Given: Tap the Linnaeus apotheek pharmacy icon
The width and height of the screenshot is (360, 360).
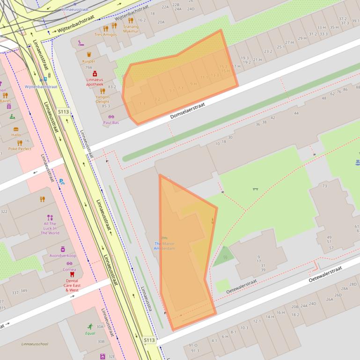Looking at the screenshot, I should point(95,73).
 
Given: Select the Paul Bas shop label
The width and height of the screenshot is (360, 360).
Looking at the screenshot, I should point(111,122).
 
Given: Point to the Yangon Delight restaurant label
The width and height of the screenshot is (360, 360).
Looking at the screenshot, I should point(103,99).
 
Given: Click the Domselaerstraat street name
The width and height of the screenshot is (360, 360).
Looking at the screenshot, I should point(188,111).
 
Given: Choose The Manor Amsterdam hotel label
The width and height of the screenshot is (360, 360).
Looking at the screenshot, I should point(164,246).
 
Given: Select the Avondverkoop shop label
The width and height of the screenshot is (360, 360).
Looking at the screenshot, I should point(63,256).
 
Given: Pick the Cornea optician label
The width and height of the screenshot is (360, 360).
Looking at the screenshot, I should point(69,269).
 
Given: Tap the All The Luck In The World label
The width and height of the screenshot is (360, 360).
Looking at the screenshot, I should point(50,229).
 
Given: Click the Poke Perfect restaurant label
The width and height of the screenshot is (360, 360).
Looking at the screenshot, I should point(20,149).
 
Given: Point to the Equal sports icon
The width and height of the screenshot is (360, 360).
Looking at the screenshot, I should point(90,326).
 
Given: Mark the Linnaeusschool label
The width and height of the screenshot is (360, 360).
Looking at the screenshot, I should point(35,344).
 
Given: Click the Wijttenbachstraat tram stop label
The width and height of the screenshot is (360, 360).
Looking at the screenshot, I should point(41,86).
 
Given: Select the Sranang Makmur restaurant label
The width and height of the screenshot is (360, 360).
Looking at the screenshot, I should point(131,29).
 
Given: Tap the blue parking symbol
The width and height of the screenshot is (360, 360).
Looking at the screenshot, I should point(62,181).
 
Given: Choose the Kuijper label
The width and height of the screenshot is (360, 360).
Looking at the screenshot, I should point(88,61).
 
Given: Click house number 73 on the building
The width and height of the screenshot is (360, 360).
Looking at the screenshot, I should point(324,186).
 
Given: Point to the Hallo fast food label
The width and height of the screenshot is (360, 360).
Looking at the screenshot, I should point(16,135).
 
